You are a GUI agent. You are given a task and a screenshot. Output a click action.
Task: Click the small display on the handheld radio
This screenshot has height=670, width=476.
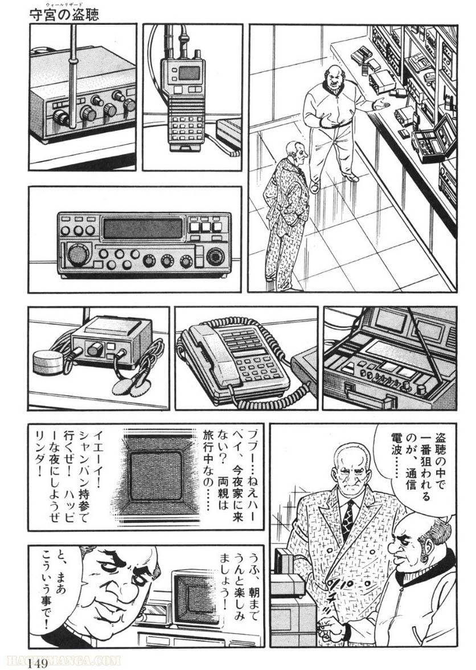(189, 73)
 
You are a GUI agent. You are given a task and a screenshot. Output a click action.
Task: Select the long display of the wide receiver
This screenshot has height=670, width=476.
(143, 229)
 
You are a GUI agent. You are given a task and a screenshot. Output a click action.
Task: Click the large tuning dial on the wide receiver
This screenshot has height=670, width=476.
(78, 254)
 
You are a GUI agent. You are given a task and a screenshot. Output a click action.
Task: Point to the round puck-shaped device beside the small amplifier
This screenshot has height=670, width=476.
(47, 363)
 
